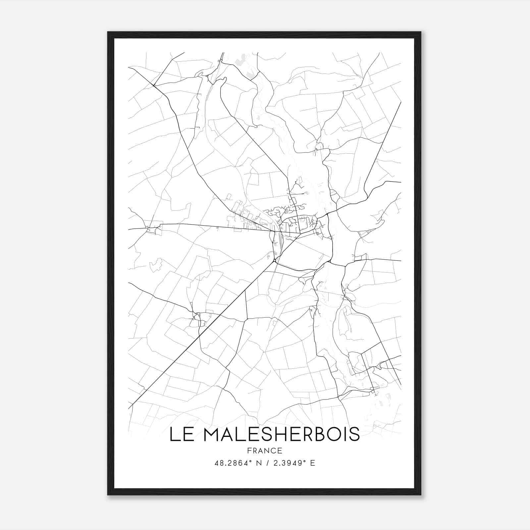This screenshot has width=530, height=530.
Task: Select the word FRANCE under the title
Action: [x=265, y=450]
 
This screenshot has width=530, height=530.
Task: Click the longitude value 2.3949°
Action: [x=289, y=463]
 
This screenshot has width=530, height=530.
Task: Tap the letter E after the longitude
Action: [x=312, y=463]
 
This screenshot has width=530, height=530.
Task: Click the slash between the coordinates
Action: [x=267, y=463]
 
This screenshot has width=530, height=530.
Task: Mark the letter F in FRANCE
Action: [x=249, y=450]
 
